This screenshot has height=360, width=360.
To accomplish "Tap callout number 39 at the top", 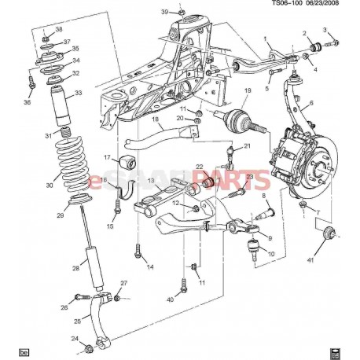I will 164,12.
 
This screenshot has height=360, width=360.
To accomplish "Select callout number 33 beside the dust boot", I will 76,93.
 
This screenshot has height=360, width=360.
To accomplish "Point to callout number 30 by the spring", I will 50,186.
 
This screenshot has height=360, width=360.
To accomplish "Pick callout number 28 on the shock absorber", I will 75,269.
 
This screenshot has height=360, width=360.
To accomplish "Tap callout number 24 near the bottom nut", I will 75,340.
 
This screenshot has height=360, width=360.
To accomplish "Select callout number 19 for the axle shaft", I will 247,92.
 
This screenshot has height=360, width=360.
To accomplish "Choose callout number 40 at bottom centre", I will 169,299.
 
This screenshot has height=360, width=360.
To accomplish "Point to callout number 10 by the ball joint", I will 271,255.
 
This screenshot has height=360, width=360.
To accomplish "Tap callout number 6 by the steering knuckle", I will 311,103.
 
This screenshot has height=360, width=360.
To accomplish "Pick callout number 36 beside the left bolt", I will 28,101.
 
